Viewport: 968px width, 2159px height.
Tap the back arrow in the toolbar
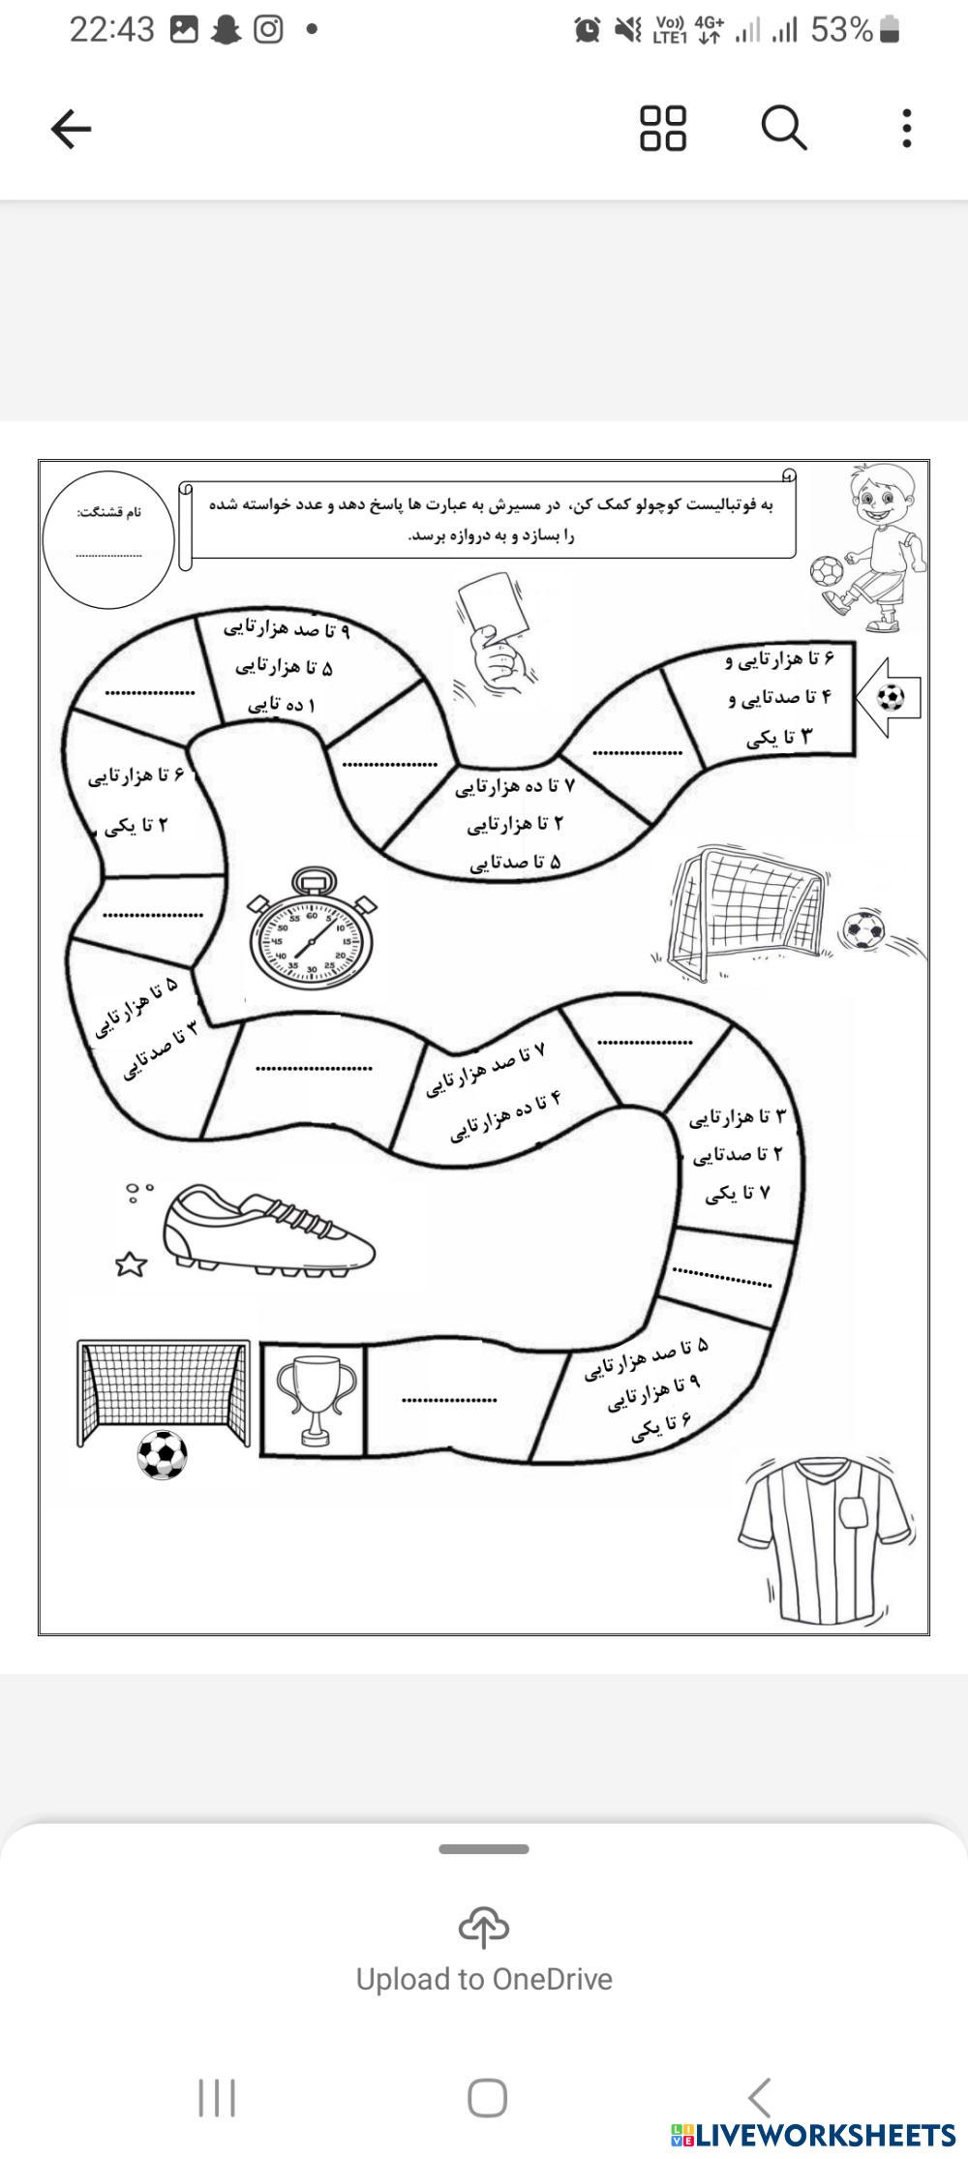tap(71, 128)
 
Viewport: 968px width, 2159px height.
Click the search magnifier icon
tap(783, 128)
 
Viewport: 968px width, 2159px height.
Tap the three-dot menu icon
tap(906, 128)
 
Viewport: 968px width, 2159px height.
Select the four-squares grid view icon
tap(663, 128)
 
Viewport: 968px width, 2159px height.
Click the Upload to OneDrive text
tap(484, 1979)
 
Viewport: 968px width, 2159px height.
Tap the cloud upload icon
tap(484, 1927)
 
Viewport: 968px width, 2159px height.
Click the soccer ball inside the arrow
tap(891, 697)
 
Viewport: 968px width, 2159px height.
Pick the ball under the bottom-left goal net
tap(162, 1454)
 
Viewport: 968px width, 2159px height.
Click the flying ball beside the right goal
tap(862, 930)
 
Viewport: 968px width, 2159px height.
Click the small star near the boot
tap(131, 1263)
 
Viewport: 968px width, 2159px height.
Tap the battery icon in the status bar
tap(890, 30)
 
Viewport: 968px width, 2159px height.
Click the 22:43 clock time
tap(111, 30)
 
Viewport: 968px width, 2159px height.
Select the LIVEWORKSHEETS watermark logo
tap(813, 2135)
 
